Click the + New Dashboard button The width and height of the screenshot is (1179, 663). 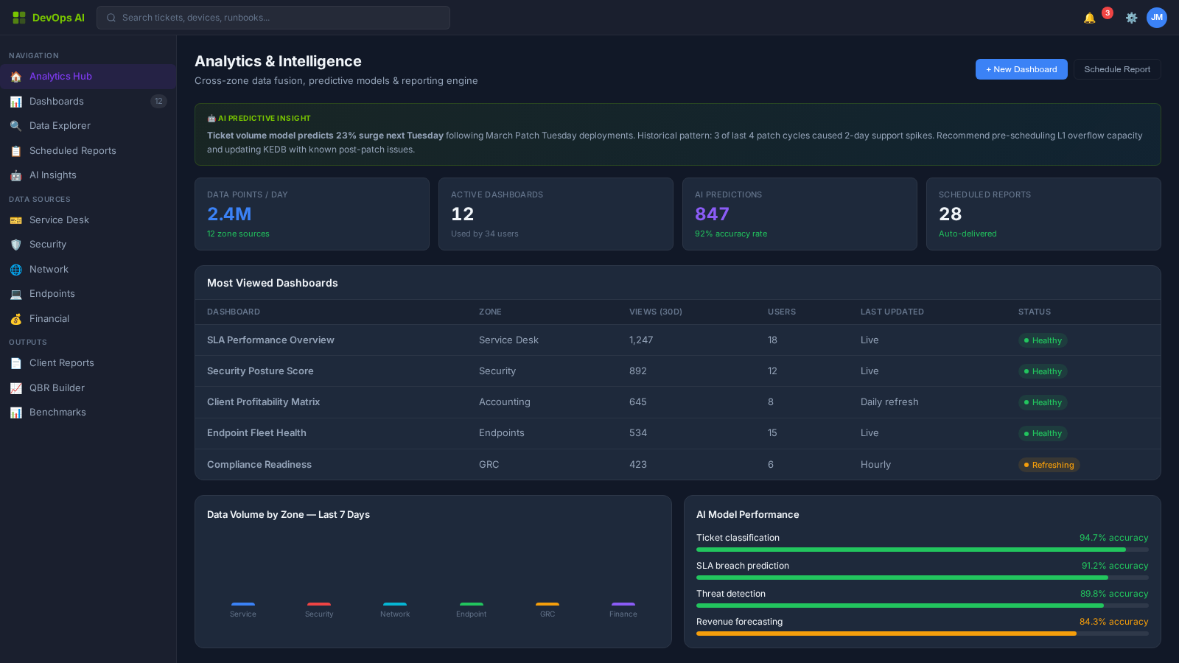tap(1021, 69)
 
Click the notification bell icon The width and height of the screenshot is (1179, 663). tap(1089, 18)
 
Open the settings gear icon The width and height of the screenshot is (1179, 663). tap(1131, 18)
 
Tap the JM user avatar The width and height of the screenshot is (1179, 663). tap(1156, 18)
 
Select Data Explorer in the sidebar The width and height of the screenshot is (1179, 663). tap(60, 126)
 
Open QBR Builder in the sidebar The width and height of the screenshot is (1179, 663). tap(57, 388)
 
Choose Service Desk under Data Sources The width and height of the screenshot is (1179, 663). tap(59, 220)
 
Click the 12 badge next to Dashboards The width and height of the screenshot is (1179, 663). tap(158, 102)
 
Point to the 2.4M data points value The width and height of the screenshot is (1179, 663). tap(229, 214)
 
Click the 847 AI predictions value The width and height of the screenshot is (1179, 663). tap(712, 214)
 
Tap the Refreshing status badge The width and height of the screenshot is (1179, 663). tap(1049, 465)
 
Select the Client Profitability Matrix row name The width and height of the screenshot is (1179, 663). tap(263, 402)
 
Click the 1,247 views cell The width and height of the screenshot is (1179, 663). tap(641, 340)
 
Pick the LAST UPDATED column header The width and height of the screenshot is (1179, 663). tap(892, 312)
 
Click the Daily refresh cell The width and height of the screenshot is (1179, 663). tap(889, 402)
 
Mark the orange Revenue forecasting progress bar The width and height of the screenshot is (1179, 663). tap(886, 634)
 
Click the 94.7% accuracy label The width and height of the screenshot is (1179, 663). tap(1113, 538)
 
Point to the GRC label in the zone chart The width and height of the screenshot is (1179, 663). tap(547, 614)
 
